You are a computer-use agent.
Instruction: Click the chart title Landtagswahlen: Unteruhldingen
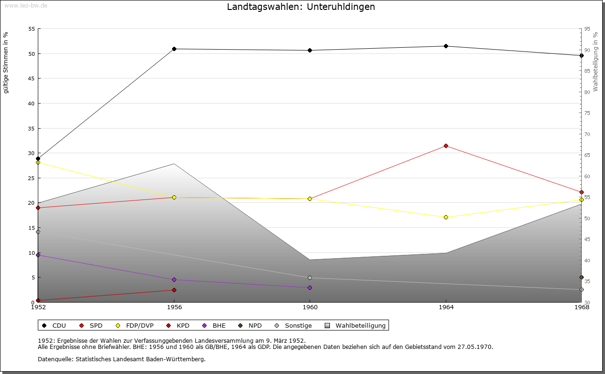pos(301,7)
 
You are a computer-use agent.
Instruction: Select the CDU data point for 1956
pos(174,49)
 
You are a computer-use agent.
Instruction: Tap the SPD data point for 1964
pos(446,146)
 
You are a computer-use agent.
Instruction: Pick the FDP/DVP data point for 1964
pos(446,217)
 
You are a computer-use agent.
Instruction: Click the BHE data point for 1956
pos(174,279)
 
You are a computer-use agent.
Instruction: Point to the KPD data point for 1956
pos(174,290)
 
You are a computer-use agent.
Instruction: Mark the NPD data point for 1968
pos(581,278)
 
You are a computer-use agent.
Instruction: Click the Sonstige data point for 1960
pos(310,278)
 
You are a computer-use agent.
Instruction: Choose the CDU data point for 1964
pos(446,46)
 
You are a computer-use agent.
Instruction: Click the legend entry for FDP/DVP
pos(136,325)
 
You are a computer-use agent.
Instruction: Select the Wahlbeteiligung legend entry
pos(356,325)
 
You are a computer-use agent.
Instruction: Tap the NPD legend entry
pos(250,325)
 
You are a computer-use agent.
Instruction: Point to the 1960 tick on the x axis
pos(310,307)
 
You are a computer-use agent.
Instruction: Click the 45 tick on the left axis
pos(32,78)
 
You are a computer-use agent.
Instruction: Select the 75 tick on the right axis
pos(587,113)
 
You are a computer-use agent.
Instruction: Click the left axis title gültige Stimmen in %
pos(6,62)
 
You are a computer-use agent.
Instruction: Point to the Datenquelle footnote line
pos(121,359)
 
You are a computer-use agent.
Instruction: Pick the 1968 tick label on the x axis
pos(581,307)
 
